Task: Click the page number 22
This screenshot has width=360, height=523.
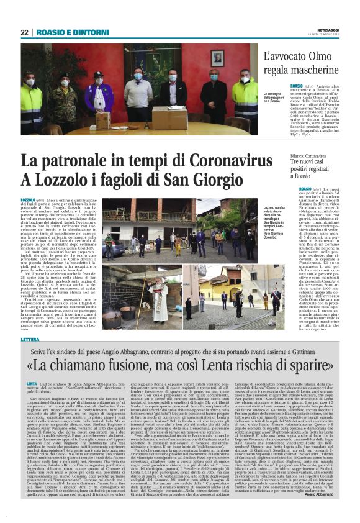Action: click(x=25, y=32)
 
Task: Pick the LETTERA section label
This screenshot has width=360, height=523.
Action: click(x=30, y=340)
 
